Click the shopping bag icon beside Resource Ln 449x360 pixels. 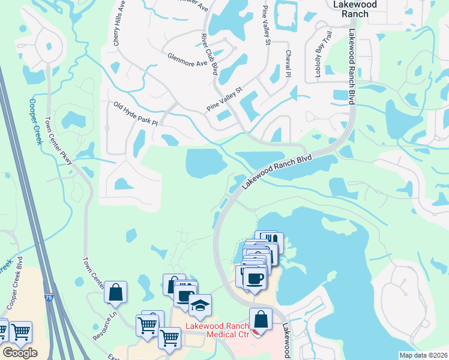pos(115,292)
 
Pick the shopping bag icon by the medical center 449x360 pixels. pos(261,319)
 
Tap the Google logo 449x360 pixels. pos(20,353)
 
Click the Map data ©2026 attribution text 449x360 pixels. pos(423,355)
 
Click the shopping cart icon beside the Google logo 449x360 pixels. pos(20,331)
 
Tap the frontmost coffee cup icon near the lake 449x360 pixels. pos(255,278)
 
